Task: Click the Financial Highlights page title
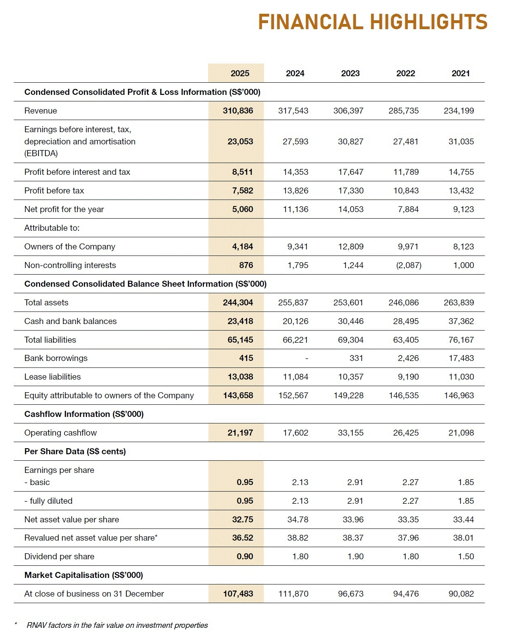tap(373, 22)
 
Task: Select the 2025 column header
tap(240, 73)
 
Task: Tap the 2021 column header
tap(460, 73)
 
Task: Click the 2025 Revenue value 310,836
tap(238, 111)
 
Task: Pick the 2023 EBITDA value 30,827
tap(350, 142)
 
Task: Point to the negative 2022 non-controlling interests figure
tap(408, 265)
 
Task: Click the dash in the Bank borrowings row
tap(307, 359)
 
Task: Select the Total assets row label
tap(46, 303)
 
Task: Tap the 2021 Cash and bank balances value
tap(461, 321)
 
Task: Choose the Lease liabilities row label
tap(52, 377)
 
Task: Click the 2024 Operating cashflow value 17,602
tap(295, 433)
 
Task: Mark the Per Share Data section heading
tap(75, 451)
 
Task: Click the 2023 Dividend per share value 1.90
tap(355, 556)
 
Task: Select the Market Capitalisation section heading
tap(83, 575)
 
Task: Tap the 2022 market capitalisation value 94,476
tap(406, 594)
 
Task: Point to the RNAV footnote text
tap(117, 625)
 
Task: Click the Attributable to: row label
tap(52, 228)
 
